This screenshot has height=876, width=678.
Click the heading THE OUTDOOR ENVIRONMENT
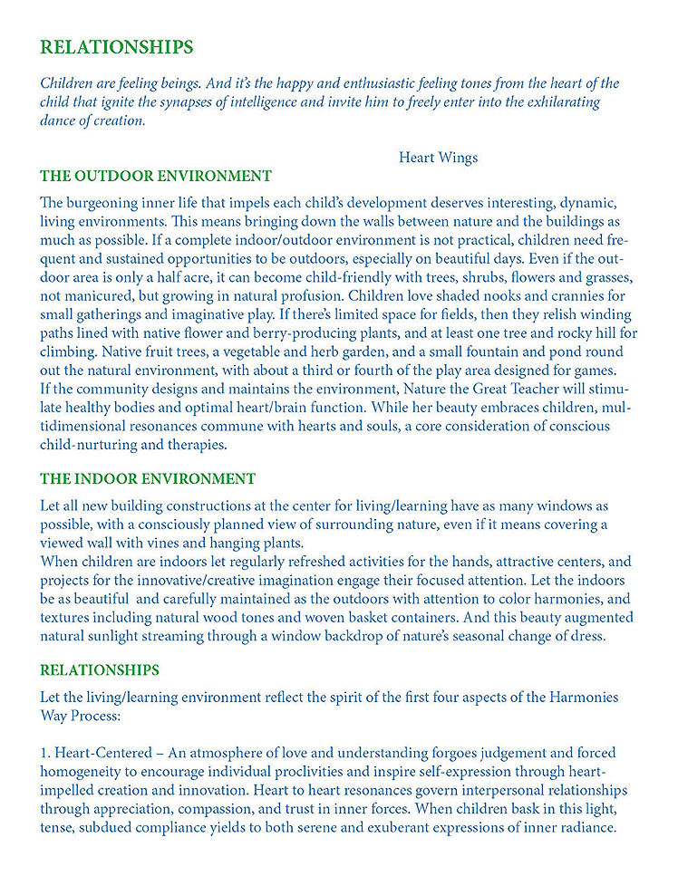(155, 176)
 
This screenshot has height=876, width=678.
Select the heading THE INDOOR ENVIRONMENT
(148, 478)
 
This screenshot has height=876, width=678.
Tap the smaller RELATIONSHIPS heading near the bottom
(100, 670)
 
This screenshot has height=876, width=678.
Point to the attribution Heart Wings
(438, 158)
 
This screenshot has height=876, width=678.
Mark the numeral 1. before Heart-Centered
(45, 752)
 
